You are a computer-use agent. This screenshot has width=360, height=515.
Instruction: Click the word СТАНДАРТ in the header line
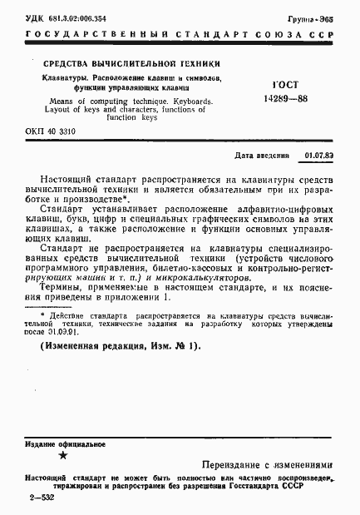(207, 35)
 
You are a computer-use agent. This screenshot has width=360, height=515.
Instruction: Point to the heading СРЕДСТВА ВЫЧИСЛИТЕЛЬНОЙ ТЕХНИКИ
(127, 63)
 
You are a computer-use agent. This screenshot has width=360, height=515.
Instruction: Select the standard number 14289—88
(287, 97)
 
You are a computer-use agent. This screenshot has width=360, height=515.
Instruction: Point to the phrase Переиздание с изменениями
(266, 466)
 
